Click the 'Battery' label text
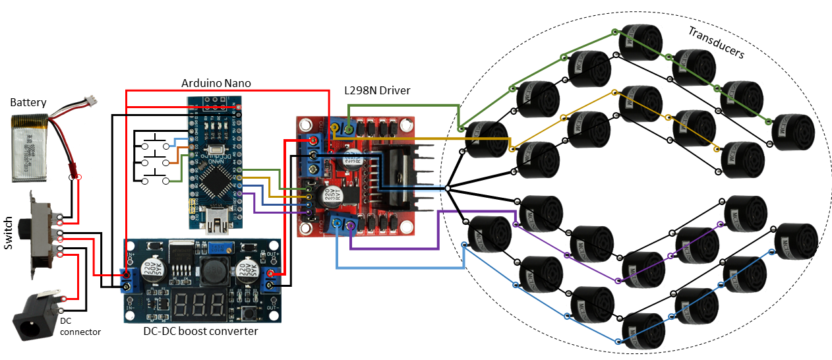tap(28, 102)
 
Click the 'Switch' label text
tap(9, 232)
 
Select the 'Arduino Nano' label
tap(216, 84)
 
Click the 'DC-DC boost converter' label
tap(200, 331)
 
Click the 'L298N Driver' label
tap(378, 90)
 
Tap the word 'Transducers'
tap(715, 42)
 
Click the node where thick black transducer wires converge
tap(447, 189)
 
